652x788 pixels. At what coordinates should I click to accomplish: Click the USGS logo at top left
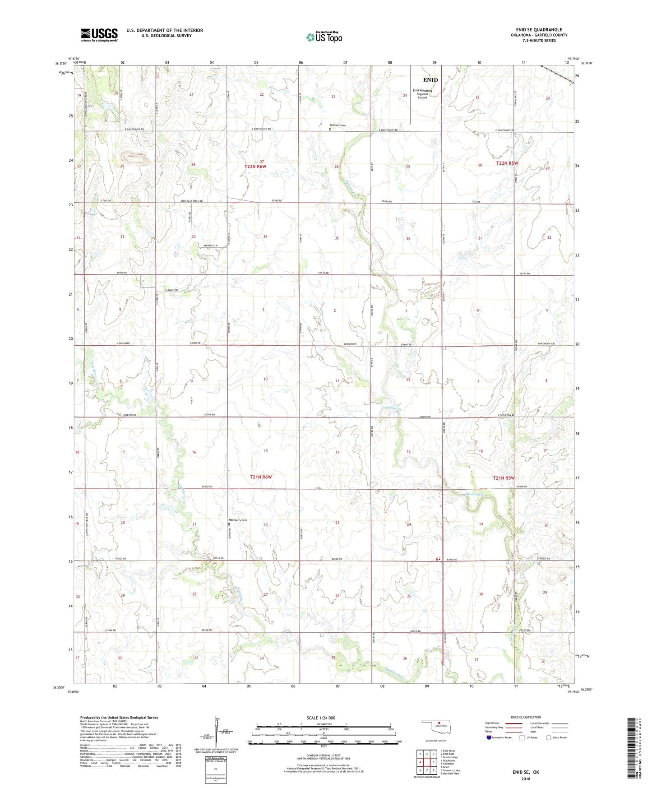point(99,34)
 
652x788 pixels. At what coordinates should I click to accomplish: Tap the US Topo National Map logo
point(324,37)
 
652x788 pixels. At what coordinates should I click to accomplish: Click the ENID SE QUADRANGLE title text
point(539,29)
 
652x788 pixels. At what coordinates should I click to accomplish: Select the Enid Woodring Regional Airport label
point(422,94)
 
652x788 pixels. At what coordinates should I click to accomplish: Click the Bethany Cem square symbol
point(330,129)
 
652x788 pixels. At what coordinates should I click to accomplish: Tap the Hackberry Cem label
point(239,520)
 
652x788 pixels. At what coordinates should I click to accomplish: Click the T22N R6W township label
point(255,167)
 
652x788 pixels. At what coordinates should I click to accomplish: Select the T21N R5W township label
point(503,478)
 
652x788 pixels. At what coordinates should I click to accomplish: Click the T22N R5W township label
point(507,163)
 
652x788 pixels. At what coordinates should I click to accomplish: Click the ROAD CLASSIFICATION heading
point(526,717)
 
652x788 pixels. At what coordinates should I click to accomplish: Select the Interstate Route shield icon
point(489,737)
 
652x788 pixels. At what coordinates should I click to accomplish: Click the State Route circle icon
point(549,737)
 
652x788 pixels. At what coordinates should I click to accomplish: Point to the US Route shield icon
point(522,737)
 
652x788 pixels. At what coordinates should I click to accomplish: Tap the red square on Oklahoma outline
point(439,727)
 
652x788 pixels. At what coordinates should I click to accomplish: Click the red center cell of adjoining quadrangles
point(426,762)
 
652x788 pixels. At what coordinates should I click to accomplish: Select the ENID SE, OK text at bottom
point(526,772)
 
